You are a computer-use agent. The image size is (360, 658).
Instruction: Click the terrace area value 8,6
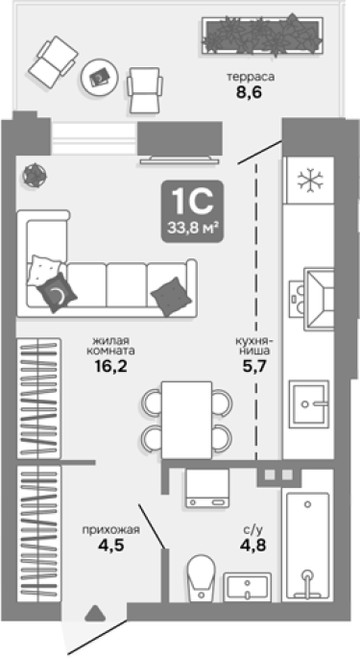[249, 92]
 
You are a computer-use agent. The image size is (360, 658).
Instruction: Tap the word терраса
[251, 77]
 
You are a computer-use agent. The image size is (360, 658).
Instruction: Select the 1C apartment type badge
[193, 212]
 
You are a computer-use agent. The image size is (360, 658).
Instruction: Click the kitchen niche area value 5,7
[254, 367]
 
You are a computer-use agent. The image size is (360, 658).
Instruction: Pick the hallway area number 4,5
[110, 546]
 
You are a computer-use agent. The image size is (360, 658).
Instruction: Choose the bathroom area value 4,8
[253, 546]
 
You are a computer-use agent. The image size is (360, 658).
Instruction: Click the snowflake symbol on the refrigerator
[311, 181]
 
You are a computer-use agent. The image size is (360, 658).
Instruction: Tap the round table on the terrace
[100, 77]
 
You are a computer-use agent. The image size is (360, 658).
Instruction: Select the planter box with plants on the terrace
[263, 35]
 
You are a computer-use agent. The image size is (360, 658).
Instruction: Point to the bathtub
[307, 546]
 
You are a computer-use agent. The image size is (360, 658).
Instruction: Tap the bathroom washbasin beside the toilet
[247, 587]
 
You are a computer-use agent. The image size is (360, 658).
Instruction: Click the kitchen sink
[310, 402]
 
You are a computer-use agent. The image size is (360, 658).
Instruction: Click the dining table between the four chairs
[186, 420]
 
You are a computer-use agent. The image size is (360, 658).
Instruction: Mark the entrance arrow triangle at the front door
[95, 614]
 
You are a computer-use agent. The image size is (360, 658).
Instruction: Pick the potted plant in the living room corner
[35, 175]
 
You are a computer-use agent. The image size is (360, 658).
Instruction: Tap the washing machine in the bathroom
[207, 488]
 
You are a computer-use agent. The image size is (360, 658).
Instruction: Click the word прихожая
[110, 530]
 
